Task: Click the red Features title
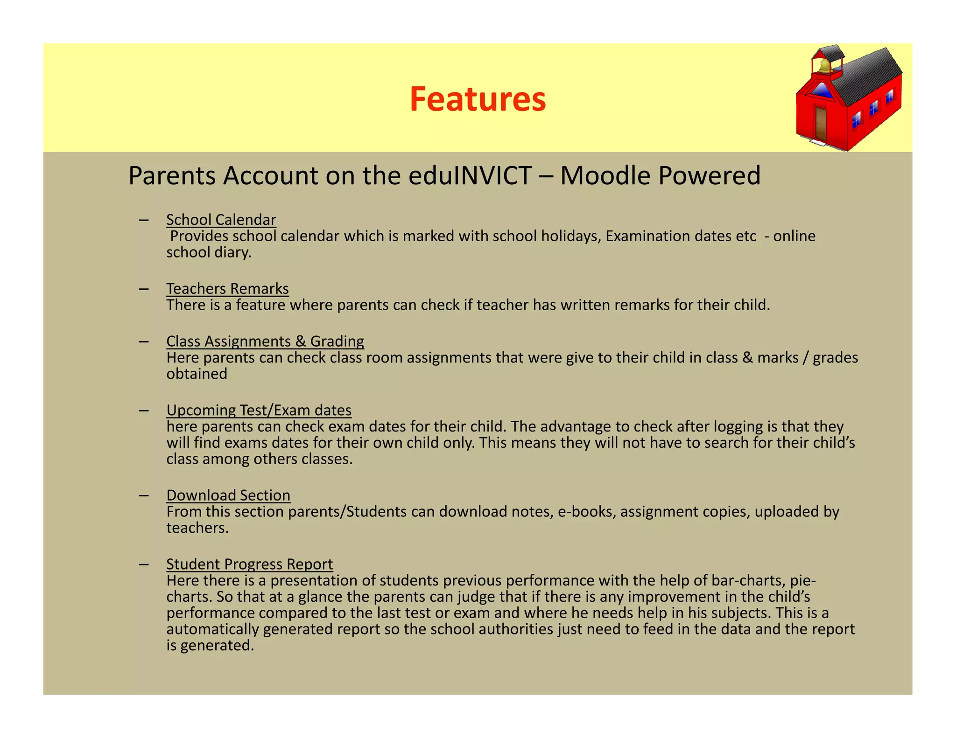478,99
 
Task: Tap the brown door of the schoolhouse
821,123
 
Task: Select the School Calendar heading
221,220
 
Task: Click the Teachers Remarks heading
227,289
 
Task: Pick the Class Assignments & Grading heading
265,341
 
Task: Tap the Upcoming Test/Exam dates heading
259,410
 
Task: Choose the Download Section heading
228,495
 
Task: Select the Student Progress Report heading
249,564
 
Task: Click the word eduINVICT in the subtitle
470,176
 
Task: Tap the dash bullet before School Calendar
143,220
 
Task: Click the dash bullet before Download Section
143,495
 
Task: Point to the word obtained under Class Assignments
197,374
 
